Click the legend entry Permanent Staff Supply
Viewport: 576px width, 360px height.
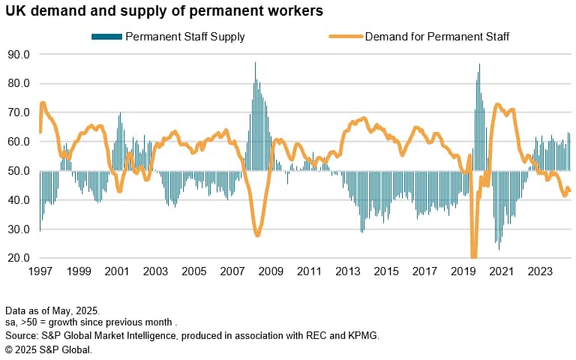(x=185, y=36)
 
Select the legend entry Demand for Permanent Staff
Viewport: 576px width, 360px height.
(x=437, y=36)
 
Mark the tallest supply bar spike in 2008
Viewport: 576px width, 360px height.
(x=255, y=63)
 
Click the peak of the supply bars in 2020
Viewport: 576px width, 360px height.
(x=479, y=65)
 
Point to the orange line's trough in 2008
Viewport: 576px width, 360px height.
(x=258, y=235)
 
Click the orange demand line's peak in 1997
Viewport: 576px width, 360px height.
(x=43, y=103)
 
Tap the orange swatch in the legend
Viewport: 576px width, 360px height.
(x=345, y=36)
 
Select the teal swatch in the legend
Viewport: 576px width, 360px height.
(x=106, y=36)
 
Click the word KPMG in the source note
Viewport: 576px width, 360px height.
(x=363, y=335)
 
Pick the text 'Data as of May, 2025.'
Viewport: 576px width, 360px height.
(x=53, y=310)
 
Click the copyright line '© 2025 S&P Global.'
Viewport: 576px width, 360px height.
(x=48, y=348)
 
